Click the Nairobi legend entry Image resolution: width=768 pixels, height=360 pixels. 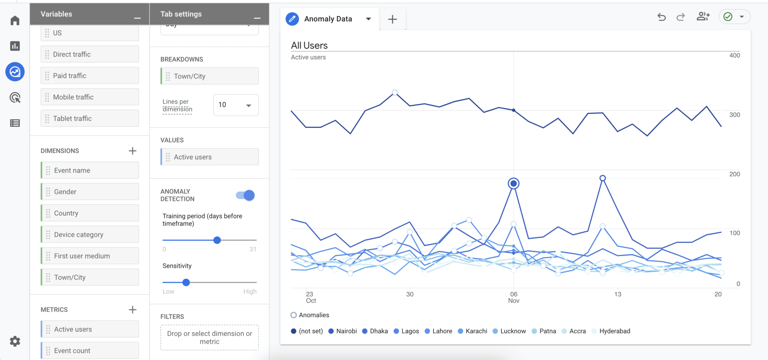342,331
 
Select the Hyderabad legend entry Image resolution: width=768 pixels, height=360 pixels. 611,331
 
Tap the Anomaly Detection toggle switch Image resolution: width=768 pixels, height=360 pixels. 245,195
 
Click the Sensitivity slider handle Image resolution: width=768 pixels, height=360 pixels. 186,282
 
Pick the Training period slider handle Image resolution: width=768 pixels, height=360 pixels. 217,240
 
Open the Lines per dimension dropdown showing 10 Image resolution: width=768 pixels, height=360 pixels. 236,105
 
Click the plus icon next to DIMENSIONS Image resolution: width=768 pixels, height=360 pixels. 132,151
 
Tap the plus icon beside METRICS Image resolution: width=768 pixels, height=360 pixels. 132,310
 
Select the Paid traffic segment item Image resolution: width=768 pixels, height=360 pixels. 90,75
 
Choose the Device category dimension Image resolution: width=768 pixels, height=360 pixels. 90,234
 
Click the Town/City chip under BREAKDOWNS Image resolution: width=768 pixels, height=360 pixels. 210,76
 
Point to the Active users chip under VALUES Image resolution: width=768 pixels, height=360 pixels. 210,157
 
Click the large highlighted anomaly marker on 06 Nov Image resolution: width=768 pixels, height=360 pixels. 513,183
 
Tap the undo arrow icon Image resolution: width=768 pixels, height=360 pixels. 661,17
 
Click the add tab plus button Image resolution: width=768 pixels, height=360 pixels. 392,19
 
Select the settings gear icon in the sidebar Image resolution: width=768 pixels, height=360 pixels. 15,341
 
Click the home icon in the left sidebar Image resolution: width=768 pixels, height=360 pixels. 15,20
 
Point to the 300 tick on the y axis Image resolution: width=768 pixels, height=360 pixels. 735,115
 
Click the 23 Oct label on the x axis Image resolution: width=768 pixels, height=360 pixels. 311,297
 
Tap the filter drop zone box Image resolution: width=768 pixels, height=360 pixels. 210,337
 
